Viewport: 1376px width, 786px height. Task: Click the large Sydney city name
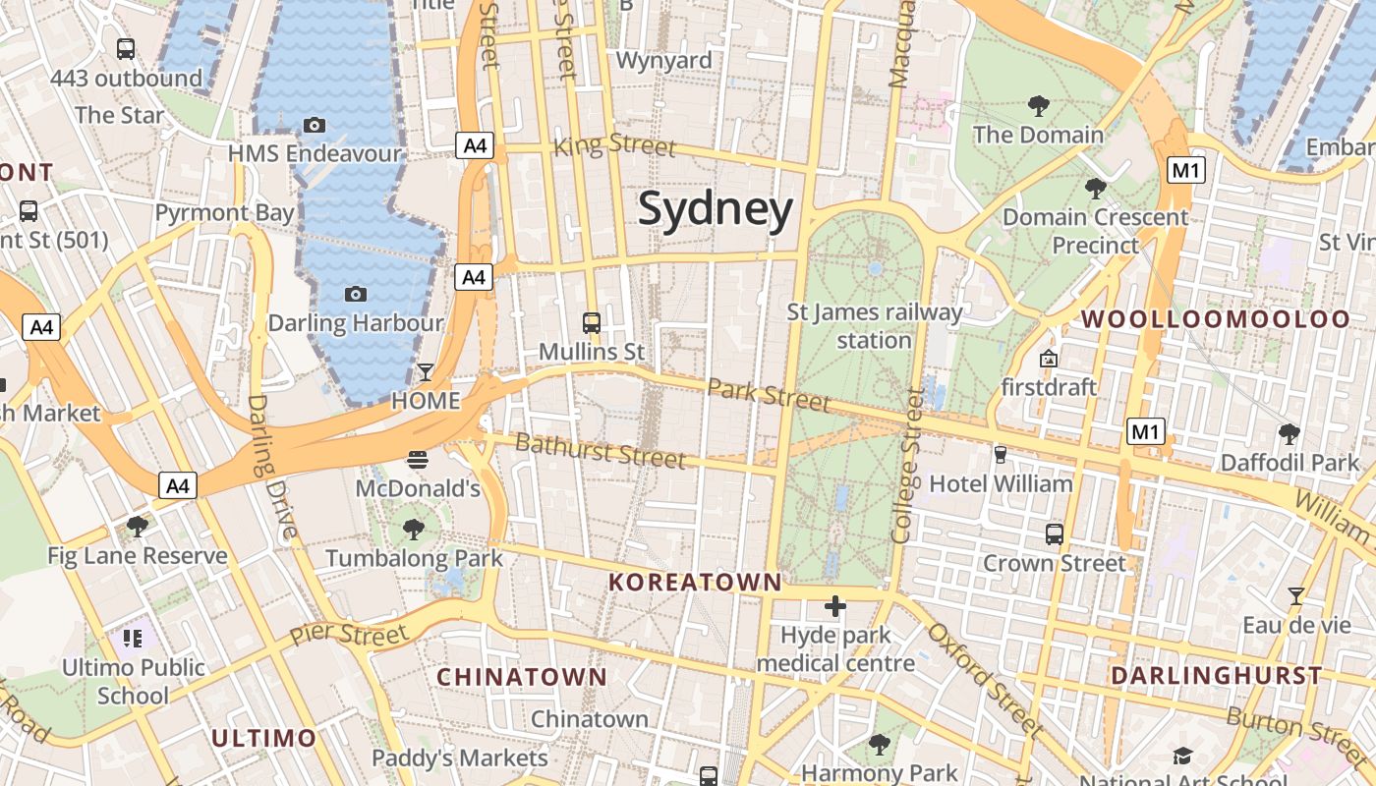point(716,210)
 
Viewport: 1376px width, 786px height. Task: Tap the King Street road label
point(615,145)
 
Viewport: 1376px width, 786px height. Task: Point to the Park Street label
point(769,395)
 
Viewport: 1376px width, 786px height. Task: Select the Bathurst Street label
point(601,450)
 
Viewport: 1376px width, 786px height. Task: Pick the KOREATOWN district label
point(695,582)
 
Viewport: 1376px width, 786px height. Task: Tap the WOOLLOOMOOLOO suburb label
point(1216,319)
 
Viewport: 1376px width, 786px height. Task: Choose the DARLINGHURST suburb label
point(1217,676)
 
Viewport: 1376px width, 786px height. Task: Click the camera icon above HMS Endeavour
point(315,125)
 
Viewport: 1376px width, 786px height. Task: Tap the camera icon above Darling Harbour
point(356,294)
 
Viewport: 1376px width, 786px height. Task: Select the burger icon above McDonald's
point(418,459)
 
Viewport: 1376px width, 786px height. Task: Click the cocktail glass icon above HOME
point(426,371)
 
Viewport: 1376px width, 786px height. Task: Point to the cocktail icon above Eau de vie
point(1296,595)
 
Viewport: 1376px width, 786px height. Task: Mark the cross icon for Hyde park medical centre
point(835,606)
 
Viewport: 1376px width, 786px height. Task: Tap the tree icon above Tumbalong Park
point(414,530)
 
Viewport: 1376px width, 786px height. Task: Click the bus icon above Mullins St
point(592,322)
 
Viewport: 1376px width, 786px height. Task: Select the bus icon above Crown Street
point(1055,534)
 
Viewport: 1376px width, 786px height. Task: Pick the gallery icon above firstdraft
point(1049,358)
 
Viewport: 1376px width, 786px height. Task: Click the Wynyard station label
point(664,61)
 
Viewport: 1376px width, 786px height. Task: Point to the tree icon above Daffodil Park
point(1290,433)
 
